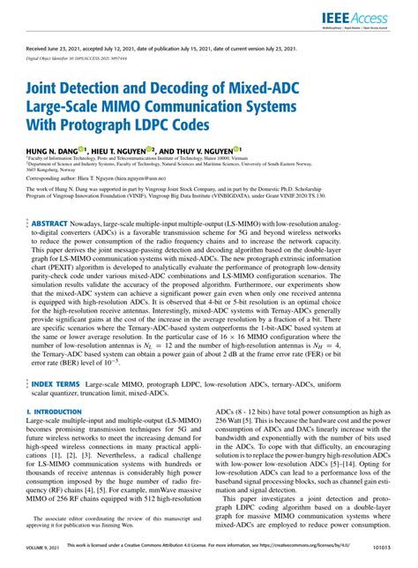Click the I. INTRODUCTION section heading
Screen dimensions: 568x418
[56, 413]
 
